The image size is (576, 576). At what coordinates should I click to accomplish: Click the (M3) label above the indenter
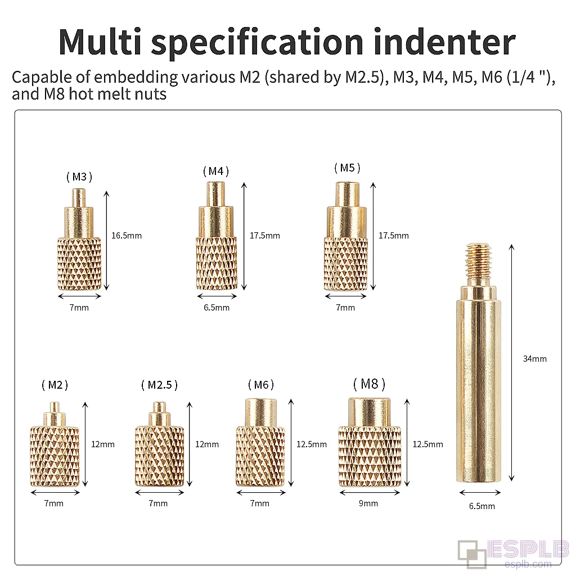click(x=79, y=177)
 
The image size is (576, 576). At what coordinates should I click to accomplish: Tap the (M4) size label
click(x=216, y=171)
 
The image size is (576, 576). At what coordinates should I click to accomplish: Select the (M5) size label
click(x=347, y=168)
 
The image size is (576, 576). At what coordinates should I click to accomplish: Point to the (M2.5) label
click(x=159, y=385)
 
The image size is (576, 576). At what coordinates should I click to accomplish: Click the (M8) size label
click(x=369, y=384)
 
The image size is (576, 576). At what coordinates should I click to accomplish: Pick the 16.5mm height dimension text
click(x=127, y=236)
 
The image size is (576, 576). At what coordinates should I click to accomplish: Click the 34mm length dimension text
click(x=535, y=358)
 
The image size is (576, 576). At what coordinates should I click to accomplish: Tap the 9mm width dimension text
click(x=368, y=503)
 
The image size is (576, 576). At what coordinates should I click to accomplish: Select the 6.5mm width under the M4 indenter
click(x=217, y=308)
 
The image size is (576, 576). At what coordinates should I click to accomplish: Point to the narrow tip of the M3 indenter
click(x=78, y=197)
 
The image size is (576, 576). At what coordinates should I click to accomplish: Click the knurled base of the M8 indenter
click(x=370, y=456)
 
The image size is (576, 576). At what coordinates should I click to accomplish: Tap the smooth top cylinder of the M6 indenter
click(x=260, y=412)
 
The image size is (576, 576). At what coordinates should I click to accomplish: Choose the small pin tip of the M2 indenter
click(x=55, y=407)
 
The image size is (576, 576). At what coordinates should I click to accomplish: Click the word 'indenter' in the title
click(x=444, y=42)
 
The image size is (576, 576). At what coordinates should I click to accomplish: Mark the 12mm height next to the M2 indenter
click(x=103, y=444)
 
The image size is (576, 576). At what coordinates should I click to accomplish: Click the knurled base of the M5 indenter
click(x=346, y=264)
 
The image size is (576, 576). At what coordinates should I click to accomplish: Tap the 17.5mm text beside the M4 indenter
click(x=265, y=236)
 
